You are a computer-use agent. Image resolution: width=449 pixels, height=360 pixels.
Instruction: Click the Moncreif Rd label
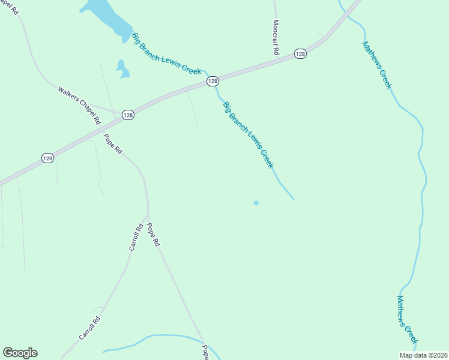276,37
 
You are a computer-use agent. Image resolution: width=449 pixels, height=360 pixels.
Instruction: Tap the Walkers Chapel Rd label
79,105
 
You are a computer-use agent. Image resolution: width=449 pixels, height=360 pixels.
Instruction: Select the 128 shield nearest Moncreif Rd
301,54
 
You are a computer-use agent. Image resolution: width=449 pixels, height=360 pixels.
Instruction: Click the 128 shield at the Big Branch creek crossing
212,80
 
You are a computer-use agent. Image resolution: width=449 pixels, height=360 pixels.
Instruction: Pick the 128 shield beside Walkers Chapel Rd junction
128,115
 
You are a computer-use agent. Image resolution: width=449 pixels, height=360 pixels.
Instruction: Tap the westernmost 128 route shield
48,158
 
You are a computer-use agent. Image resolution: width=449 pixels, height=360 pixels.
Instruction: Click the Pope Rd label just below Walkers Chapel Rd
113,144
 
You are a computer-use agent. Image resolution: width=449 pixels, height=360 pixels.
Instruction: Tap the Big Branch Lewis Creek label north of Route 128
166,53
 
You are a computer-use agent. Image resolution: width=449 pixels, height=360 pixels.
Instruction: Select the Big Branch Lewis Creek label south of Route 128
248,134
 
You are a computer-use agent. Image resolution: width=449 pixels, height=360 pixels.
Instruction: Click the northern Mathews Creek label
376,65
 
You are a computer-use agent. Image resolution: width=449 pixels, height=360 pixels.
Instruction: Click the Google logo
20,353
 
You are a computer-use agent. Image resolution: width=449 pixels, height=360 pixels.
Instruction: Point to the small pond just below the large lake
123,70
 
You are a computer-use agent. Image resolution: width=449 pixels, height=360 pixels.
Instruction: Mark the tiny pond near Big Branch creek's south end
256,203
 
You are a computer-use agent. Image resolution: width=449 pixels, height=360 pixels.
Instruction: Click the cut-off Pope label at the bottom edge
205,352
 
